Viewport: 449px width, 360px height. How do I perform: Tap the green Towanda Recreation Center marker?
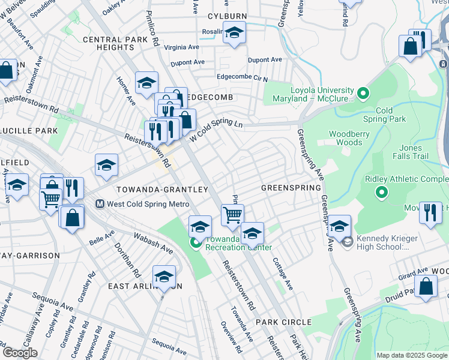click(x=195, y=243)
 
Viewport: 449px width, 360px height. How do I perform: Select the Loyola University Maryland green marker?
click(x=363, y=93)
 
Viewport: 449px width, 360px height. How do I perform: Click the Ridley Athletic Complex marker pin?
click(x=381, y=193)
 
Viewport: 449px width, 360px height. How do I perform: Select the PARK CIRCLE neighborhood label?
click(x=283, y=322)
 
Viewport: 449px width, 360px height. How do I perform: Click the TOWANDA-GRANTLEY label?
click(x=162, y=189)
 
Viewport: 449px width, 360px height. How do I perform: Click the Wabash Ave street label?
click(x=153, y=241)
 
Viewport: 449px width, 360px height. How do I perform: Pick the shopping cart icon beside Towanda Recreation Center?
click(x=232, y=214)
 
